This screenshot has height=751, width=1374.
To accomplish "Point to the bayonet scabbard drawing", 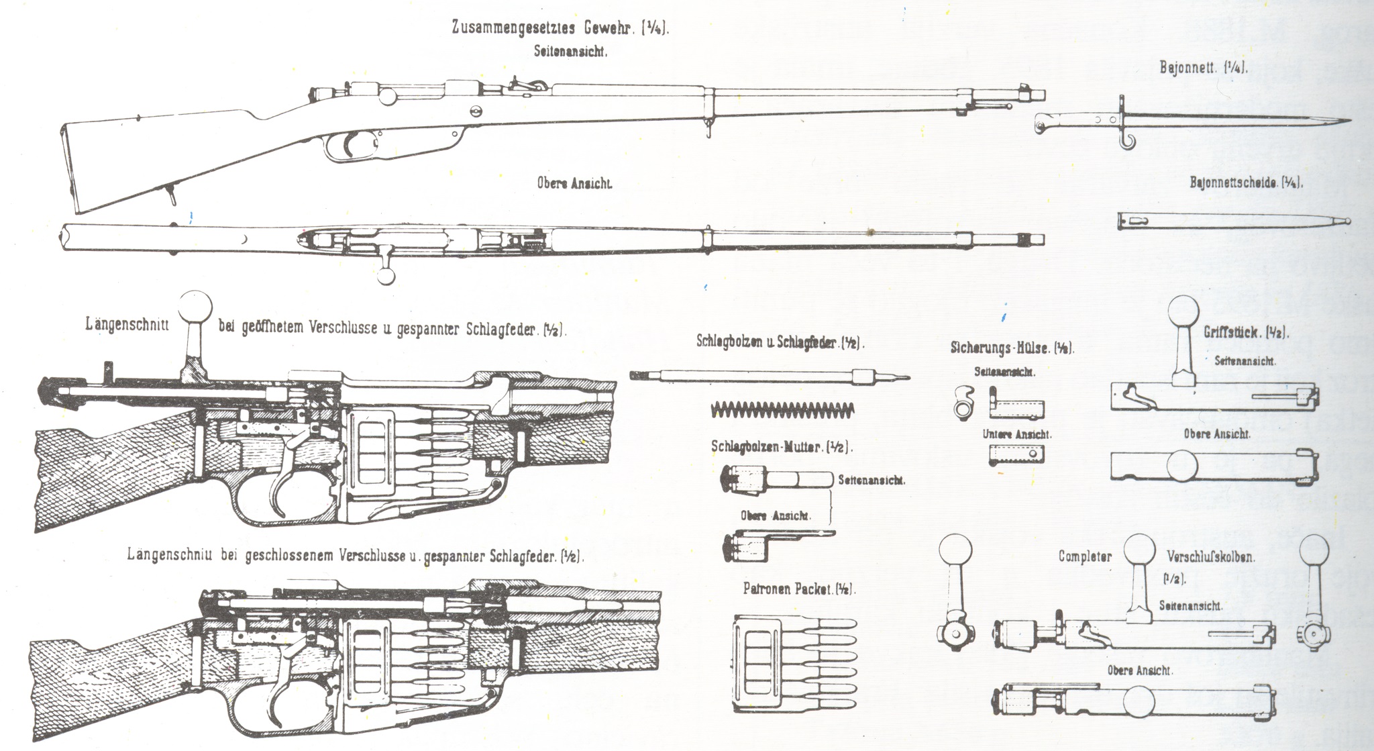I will pos(1233,221).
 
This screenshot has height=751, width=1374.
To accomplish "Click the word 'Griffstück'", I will pos(1229,332).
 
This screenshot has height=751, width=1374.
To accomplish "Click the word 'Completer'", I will pos(1085,556).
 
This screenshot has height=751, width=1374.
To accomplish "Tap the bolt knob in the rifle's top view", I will pos(386,275).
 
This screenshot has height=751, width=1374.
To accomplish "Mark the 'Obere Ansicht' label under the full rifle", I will pos(574,183).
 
